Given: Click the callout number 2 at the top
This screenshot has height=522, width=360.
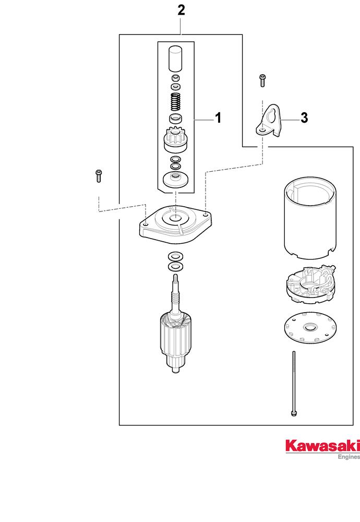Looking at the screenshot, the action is [181, 10].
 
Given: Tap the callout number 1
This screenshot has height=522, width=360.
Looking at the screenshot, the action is [218, 118].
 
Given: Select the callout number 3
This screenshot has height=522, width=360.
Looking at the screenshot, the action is [304, 118].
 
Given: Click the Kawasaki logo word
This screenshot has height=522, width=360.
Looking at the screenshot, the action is [322, 446].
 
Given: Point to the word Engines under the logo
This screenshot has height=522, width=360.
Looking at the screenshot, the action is [349, 457].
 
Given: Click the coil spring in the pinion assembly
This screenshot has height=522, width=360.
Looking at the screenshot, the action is [176, 102].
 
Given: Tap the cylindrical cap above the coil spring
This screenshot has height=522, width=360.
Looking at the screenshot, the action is [176, 58].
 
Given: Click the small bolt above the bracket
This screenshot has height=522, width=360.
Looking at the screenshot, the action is [262, 80].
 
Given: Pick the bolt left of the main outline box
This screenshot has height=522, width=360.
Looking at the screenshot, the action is [99, 176].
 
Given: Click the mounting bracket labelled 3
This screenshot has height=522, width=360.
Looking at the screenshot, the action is [269, 121].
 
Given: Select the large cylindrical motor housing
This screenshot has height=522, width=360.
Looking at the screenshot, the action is [310, 219].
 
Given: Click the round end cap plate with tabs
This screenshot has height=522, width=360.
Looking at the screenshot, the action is [311, 327].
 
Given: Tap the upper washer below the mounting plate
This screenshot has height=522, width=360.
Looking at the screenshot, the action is [176, 256].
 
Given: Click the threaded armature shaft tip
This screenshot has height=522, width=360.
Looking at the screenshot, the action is [175, 279].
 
